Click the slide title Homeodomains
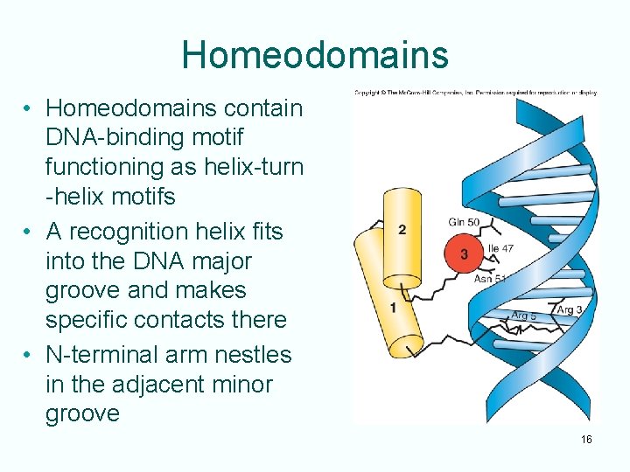pos(314,54)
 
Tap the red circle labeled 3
pos(464,254)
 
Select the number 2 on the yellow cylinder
pos(402,230)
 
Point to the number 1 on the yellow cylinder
pos(393,308)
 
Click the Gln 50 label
pos(464,223)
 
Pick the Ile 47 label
pos(500,249)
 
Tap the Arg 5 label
pos(524,315)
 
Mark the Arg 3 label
pos(569,310)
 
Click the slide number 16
pos(586,439)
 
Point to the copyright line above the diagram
pos(475,92)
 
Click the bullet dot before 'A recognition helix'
pos(29,232)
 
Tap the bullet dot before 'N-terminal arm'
pos(29,355)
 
